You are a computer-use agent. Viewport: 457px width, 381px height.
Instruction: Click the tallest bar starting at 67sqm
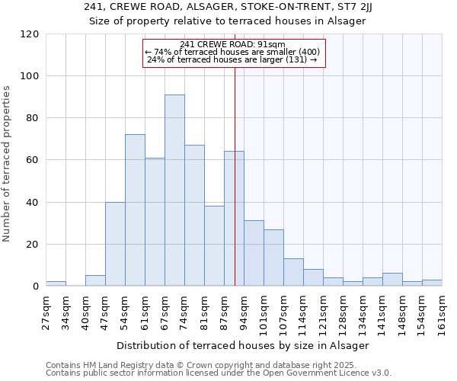(x=174, y=190)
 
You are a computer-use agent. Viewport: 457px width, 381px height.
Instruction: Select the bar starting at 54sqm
(x=135, y=210)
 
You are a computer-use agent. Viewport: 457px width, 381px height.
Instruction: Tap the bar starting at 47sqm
(x=115, y=244)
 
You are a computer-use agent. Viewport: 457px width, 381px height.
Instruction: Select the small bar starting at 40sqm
(x=95, y=280)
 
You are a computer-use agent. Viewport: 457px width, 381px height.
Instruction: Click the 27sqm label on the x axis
(x=46, y=309)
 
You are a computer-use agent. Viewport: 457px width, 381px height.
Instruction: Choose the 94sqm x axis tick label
(x=244, y=309)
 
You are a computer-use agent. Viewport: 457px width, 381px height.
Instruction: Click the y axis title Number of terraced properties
(x=8, y=164)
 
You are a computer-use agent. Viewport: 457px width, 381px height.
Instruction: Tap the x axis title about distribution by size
(x=244, y=345)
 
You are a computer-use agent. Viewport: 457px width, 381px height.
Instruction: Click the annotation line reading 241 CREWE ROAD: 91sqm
(x=233, y=44)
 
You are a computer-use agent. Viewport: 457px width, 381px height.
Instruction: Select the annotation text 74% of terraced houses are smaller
(x=233, y=52)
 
